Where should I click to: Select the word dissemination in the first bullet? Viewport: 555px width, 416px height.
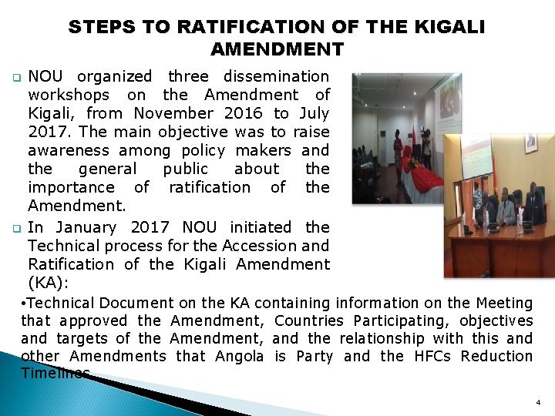[x=275, y=76]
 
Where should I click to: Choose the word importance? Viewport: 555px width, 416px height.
[x=67, y=187]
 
